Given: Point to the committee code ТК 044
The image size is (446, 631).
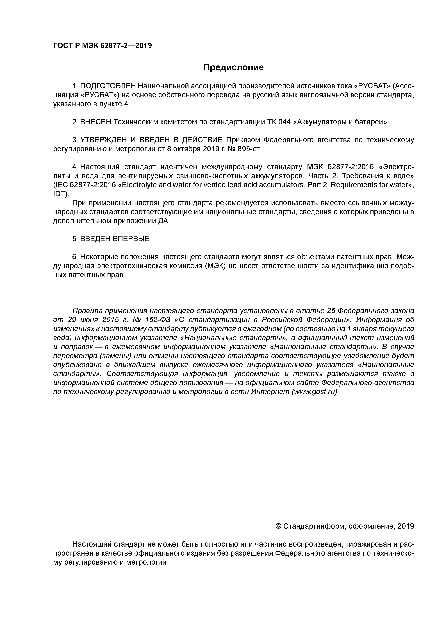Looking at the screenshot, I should [x=279, y=122].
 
